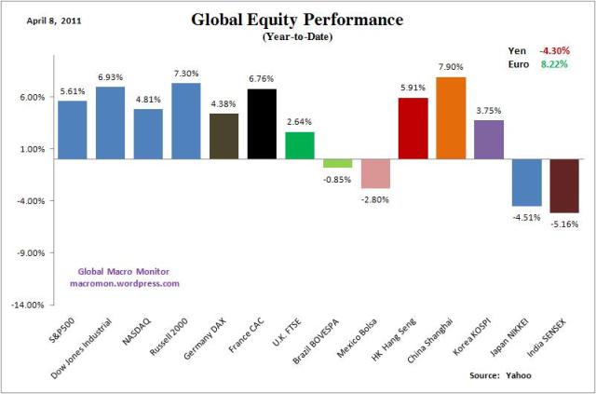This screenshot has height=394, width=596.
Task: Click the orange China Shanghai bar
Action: click(451, 117)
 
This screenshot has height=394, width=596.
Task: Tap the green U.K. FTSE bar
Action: click(299, 145)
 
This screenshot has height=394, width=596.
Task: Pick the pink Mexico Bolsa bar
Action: click(375, 174)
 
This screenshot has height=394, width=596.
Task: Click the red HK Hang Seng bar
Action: click(413, 129)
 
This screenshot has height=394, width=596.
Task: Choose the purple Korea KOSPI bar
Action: click(488, 140)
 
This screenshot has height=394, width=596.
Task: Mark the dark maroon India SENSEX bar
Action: click(563, 186)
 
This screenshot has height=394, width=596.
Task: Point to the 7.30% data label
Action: click(186, 74)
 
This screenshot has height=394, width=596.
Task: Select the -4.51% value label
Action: click(525, 218)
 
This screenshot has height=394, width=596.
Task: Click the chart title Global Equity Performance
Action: click(298, 20)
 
